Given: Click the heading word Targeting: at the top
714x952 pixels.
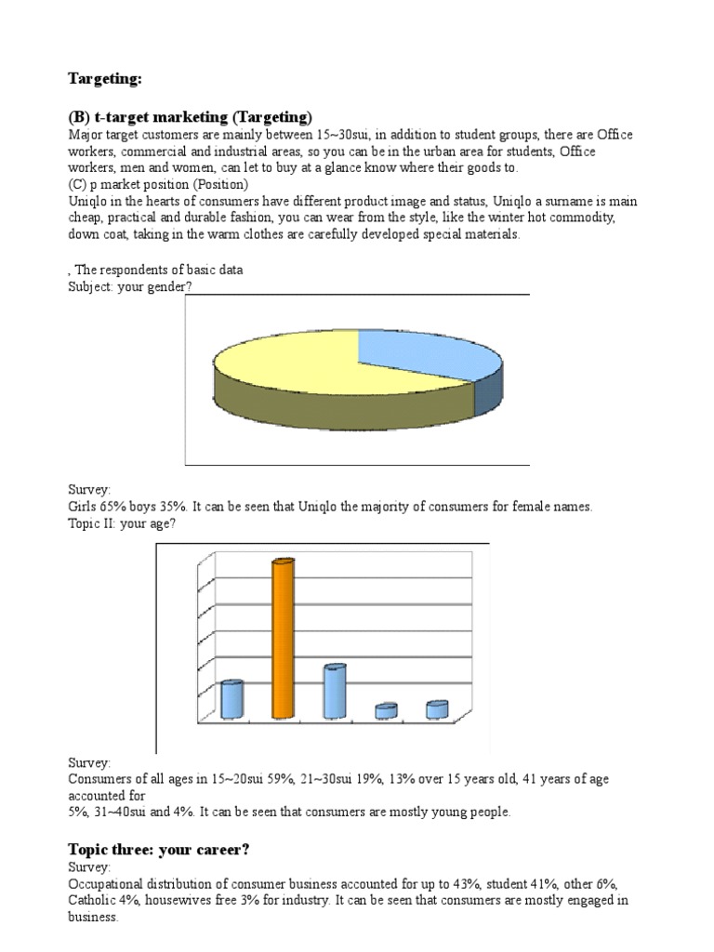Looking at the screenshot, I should click(105, 79).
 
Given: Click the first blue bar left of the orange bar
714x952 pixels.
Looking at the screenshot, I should click(231, 699).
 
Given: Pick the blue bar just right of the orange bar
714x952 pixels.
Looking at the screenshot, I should click(334, 692).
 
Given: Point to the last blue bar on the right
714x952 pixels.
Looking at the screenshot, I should click(437, 709).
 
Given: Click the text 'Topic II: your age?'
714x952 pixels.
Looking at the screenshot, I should click(122, 523).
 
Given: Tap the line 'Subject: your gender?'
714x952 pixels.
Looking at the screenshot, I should click(131, 286).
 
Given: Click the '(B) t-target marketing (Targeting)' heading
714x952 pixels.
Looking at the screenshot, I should click(190, 117).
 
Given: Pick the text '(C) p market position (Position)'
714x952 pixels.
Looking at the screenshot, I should click(158, 185).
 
